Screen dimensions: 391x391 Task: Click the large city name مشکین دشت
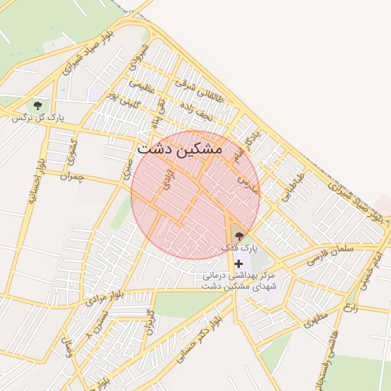[x=180, y=150]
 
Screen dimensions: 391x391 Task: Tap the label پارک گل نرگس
[x=37, y=118]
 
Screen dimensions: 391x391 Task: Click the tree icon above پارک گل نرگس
[x=37, y=105]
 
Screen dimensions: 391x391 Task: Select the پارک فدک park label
[x=240, y=248]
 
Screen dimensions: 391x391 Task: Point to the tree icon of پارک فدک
[x=239, y=236]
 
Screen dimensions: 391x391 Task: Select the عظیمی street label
[x=141, y=89]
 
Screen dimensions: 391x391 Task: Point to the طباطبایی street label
[x=292, y=185]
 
